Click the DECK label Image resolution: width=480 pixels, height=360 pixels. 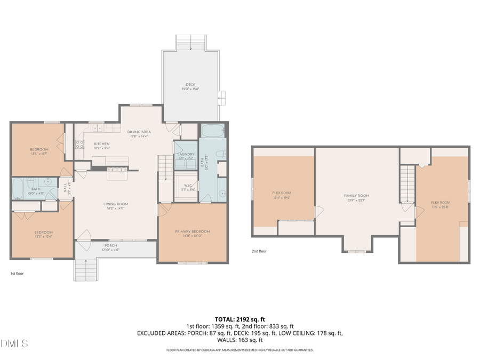(190, 85)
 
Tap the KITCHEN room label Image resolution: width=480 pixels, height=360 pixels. (102, 144)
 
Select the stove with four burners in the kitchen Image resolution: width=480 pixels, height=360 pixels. (79, 143)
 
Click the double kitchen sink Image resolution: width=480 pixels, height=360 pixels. (98, 128)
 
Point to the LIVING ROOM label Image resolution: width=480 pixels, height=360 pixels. (116, 204)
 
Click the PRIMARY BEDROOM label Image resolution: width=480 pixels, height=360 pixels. (193, 231)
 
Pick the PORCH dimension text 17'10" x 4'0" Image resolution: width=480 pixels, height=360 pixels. (110, 250)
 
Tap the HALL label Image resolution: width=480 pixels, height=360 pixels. (65, 187)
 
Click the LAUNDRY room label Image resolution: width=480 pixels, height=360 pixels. (185, 154)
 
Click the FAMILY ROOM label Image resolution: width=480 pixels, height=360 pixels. (356, 196)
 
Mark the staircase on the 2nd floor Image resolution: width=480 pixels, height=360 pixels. (407, 183)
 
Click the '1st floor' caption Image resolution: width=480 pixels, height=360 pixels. (17, 273)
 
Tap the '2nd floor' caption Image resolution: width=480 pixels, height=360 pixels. (259, 251)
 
